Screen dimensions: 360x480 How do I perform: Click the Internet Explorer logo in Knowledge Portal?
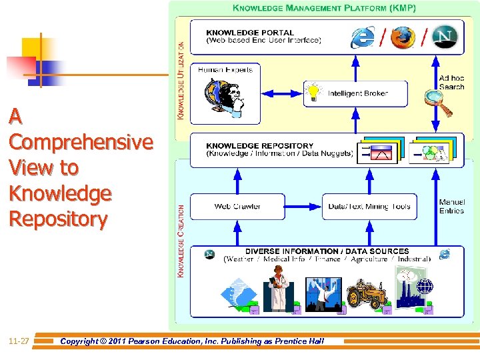click(x=363, y=37)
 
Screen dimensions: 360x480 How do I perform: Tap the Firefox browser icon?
click(x=403, y=37)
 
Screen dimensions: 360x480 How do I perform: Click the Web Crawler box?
click(x=237, y=207)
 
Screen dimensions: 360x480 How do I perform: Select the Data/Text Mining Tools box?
click(x=369, y=207)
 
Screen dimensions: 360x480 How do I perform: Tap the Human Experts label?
click(x=225, y=69)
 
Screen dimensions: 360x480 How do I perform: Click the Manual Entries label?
click(x=451, y=207)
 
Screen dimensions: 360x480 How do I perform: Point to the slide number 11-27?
click(x=18, y=341)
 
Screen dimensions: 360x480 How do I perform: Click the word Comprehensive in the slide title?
click(x=81, y=143)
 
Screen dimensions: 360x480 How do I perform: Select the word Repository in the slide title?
click(x=58, y=219)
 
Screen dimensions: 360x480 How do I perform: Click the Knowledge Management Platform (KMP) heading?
click(x=324, y=9)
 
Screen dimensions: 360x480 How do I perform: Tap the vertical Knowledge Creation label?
click(x=181, y=241)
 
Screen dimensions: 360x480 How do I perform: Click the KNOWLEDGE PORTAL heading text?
click(x=250, y=32)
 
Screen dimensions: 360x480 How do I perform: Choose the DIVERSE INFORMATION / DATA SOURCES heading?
click(x=327, y=251)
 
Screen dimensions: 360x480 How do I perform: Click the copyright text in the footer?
click(x=192, y=341)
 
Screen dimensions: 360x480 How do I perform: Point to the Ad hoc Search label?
click(x=451, y=83)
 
